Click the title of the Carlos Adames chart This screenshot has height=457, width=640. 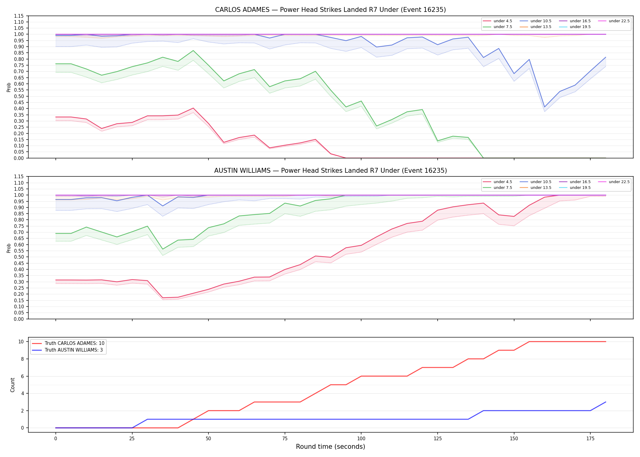click(x=330, y=10)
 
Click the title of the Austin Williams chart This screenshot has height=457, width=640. click(x=330, y=171)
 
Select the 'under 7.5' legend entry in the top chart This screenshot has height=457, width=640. click(x=498, y=27)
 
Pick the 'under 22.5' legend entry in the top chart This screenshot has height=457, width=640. click(x=614, y=21)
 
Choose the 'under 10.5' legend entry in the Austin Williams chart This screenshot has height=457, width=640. click(x=535, y=182)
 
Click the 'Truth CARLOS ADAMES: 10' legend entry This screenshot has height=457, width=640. click(x=68, y=343)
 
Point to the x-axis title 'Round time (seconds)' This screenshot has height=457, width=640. click(x=330, y=447)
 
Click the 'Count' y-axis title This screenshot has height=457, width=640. click(x=12, y=385)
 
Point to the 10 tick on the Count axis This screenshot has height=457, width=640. click(x=21, y=342)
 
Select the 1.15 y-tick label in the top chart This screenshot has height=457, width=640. click(x=19, y=16)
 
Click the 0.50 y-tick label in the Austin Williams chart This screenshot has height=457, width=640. click(x=19, y=257)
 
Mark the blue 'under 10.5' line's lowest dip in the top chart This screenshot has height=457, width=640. click(x=544, y=107)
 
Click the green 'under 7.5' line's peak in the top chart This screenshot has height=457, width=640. click(x=193, y=51)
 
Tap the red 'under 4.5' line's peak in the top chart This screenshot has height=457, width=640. click(x=193, y=108)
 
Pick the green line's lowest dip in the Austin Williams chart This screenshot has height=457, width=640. click(x=163, y=249)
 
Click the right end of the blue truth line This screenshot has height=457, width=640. click(x=606, y=402)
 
